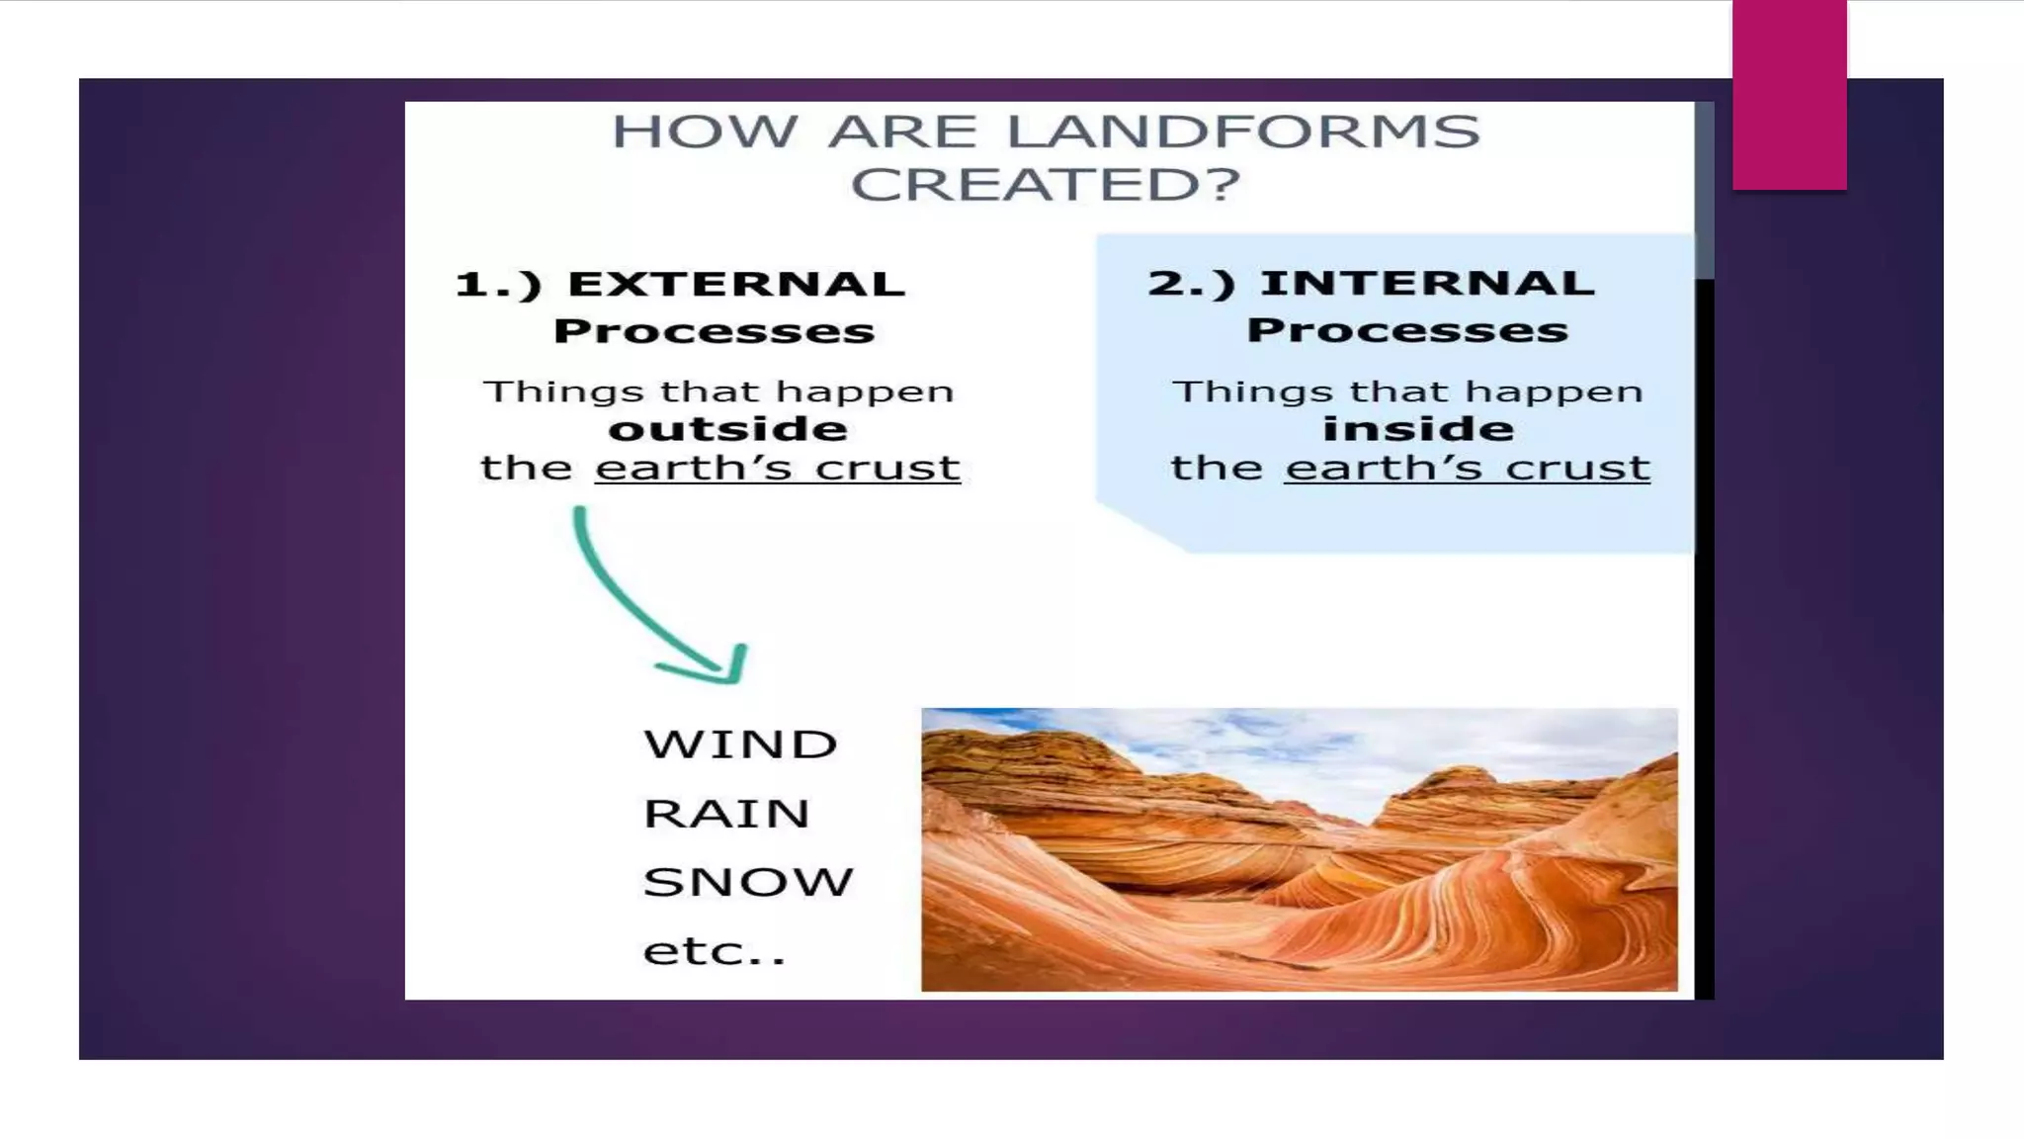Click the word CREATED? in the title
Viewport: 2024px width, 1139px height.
[x=1045, y=185]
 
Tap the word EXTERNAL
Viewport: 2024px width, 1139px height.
[x=736, y=285]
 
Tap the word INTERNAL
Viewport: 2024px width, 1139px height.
[x=1427, y=284]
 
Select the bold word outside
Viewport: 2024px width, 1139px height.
[x=727, y=429]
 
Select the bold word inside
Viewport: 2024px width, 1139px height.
[x=1418, y=429]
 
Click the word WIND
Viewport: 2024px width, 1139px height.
[x=740, y=745]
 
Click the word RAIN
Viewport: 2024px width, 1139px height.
[x=726, y=814]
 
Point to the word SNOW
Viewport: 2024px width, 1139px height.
[x=748, y=882]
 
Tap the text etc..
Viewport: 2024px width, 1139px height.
[x=714, y=951]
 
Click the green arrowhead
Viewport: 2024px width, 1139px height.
[x=726, y=666]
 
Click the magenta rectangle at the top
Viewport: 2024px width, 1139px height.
[x=1789, y=95]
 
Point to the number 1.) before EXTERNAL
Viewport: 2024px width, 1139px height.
[x=499, y=286]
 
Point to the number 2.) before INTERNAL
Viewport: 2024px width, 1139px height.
[x=1192, y=285]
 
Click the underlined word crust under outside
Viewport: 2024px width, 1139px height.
[x=887, y=468]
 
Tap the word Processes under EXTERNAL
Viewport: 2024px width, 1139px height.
[x=714, y=331]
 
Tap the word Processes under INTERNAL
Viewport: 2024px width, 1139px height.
[x=1407, y=330]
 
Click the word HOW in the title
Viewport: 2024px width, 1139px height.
[x=704, y=132]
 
